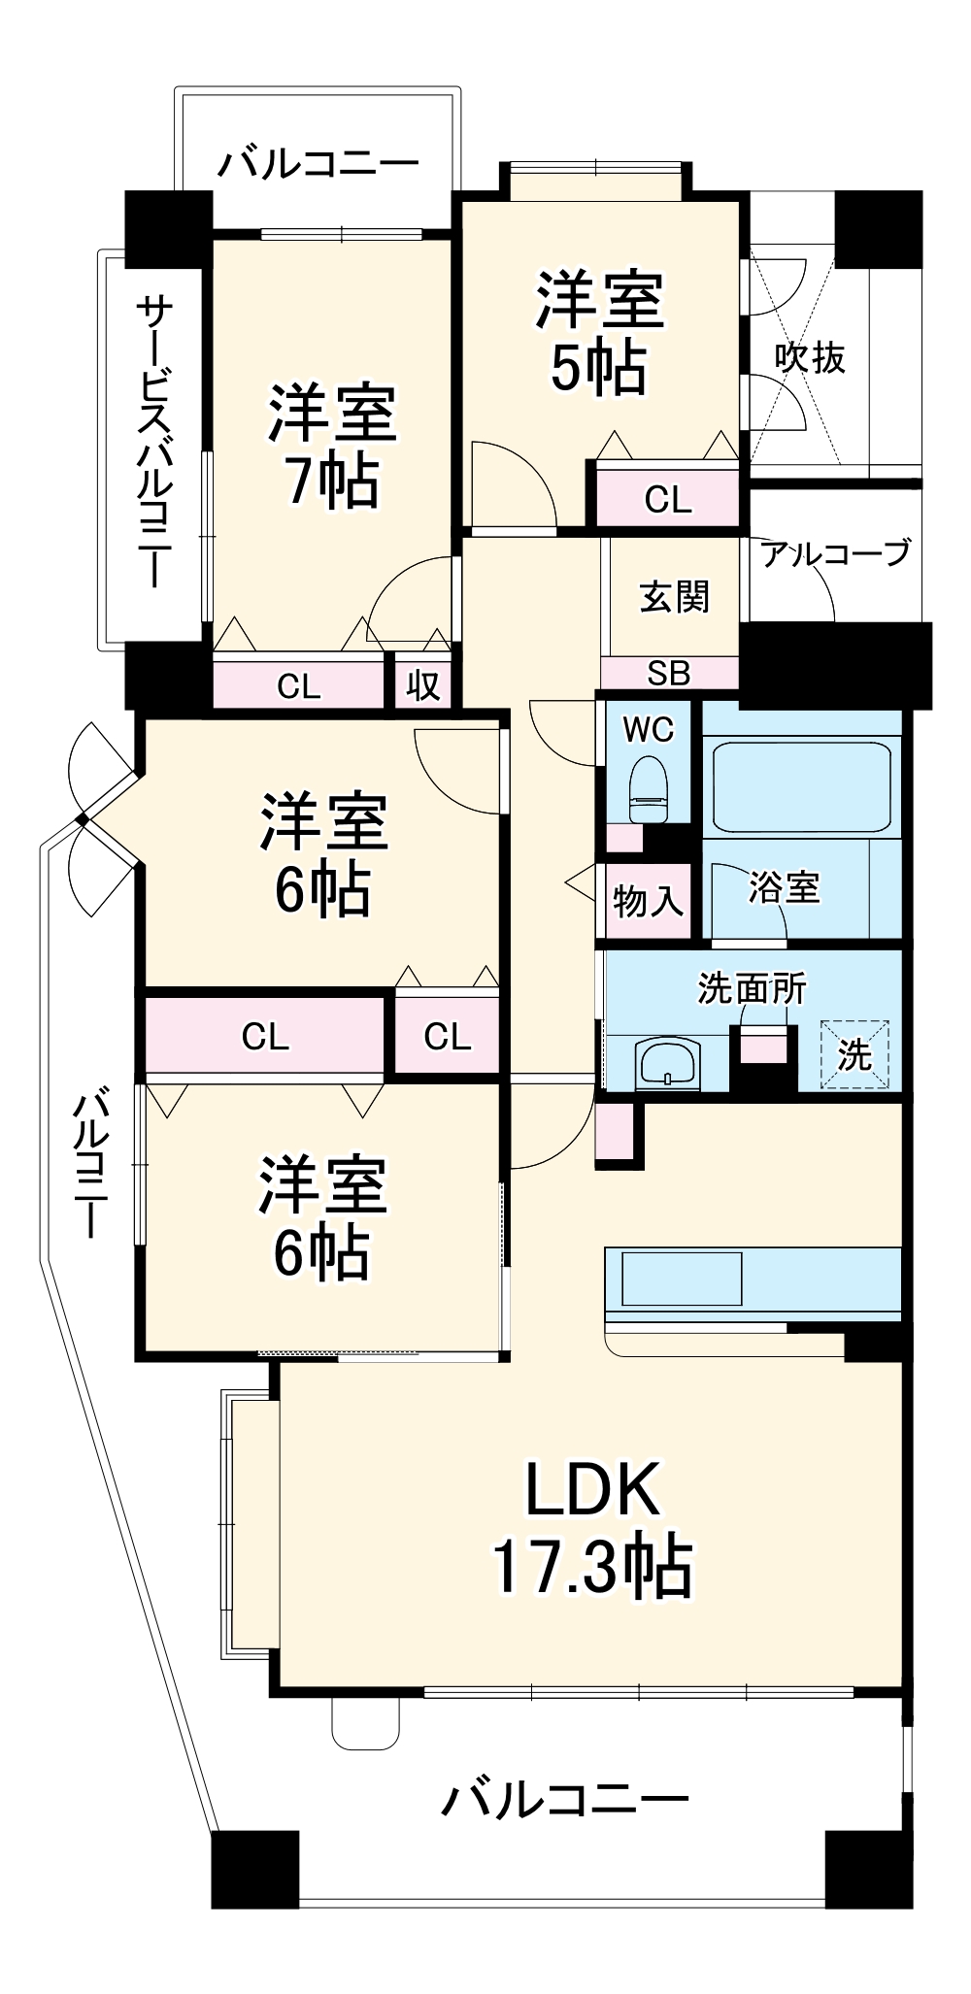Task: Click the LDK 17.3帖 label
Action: click(592, 1528)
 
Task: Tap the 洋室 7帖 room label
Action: click(332, 446)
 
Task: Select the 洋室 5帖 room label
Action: click(600, 333)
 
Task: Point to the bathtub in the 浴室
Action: click(801, 788)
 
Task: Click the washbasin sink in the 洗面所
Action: click(667, 1063)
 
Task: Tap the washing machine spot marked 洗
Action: click(854, 1054)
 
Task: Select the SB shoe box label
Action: click(669, 673)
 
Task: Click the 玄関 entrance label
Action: click(674, 596)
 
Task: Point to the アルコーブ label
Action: click(835, 553)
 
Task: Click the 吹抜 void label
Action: click(809, 358)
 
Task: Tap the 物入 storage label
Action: click(647, 901)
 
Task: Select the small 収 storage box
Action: click(423, 685)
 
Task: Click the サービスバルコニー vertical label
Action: click(153, 442)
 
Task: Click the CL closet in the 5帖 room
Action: click(668, 500)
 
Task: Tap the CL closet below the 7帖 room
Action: click(298, 685)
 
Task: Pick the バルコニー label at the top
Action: click(318, 163)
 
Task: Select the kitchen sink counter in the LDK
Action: click(682, 1279)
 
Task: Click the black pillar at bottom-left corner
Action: click(254, 1869)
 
